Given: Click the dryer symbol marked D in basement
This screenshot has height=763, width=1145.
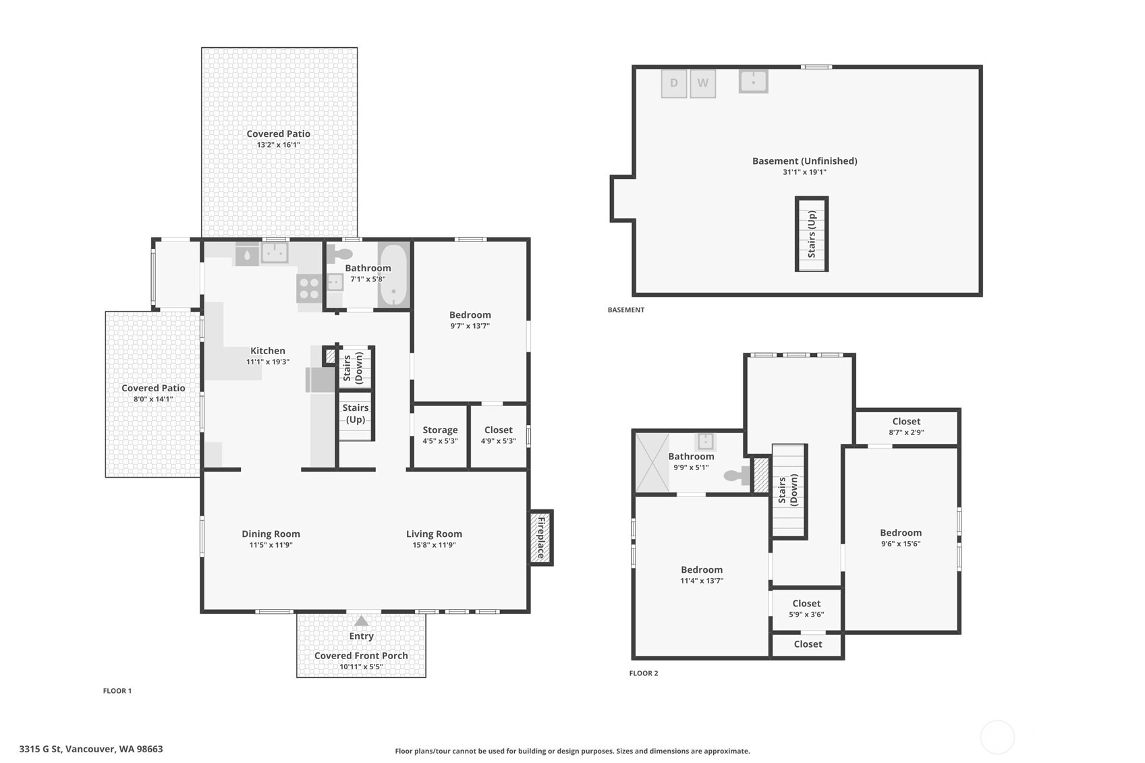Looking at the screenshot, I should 673,84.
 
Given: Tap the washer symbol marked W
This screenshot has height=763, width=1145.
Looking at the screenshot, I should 702,84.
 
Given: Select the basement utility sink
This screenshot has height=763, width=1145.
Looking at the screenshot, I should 753,81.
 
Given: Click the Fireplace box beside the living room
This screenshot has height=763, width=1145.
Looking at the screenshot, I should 540,537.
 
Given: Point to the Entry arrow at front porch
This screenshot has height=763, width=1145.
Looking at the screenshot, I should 362,621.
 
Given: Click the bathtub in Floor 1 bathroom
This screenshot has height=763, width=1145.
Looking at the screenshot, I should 393,275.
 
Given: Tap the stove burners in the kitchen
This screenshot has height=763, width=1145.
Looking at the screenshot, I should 309,288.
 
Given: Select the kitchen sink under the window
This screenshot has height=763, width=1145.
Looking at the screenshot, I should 275,253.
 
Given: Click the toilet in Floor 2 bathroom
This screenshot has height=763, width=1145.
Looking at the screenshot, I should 736,475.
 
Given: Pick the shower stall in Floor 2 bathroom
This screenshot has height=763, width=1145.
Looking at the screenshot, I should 652,462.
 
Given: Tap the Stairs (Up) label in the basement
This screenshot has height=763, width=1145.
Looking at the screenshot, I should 812,234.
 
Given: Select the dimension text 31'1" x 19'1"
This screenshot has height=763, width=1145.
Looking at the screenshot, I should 804,172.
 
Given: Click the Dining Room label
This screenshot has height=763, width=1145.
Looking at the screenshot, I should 271,534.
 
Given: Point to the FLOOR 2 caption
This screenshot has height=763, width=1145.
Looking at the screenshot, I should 643,673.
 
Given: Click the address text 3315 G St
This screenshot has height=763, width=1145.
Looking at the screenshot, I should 90,749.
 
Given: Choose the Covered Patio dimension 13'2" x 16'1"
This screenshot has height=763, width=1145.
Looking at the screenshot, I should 278,145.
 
